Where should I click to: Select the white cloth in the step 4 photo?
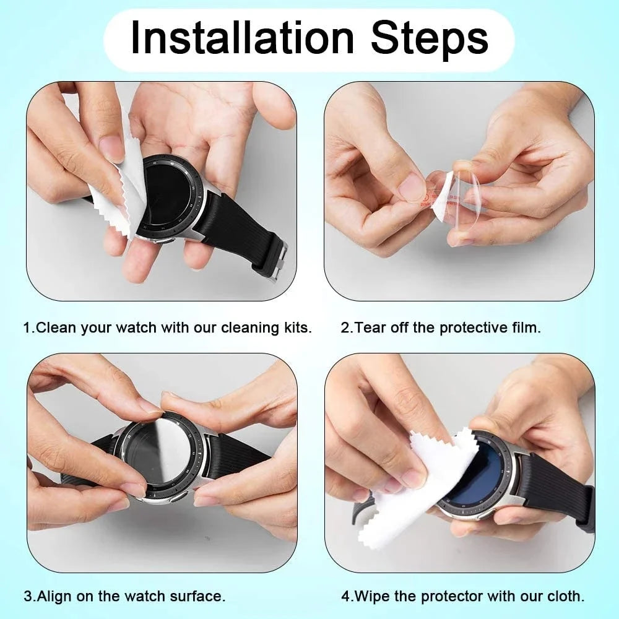tap(415, 489)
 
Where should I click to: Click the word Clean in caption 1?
tap(53, 327)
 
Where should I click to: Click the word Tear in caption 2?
tap(370, 327)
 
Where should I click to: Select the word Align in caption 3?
tap(54, 597)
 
